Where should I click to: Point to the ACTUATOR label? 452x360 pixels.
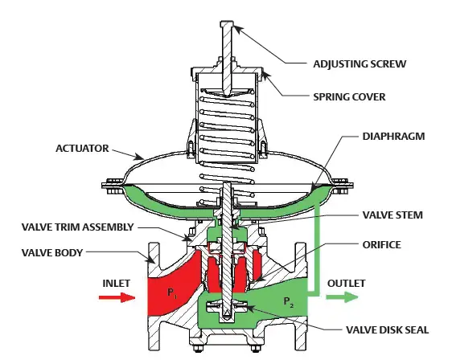pos(82,148)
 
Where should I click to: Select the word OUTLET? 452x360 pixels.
pos(346,283)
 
